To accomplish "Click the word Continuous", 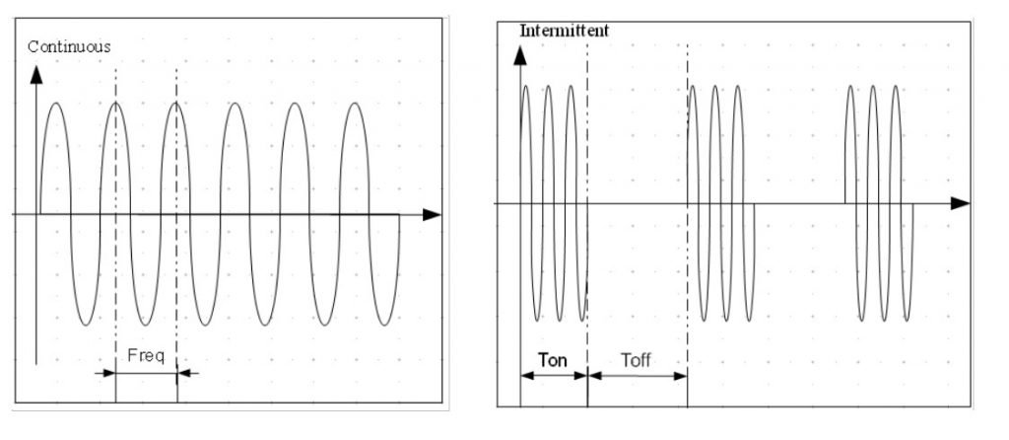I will tap(69, 46).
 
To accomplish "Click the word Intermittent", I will tap(564, 31).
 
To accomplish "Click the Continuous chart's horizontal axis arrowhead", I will tap(431, 214).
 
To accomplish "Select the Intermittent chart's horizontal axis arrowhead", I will tap(961, 203).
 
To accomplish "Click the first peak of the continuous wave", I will tap(56, 103).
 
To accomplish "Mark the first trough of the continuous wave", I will tap(86, 325).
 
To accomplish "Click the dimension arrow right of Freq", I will tap(188, 373).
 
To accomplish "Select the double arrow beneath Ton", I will tap(553, 375).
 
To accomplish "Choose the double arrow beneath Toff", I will tap(637, 375).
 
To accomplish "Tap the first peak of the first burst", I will tap(526, 87).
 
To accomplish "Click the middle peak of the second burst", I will tap(714, 87).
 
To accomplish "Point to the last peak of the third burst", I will tap(896, 87).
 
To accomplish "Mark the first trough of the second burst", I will tap(703, 320).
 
